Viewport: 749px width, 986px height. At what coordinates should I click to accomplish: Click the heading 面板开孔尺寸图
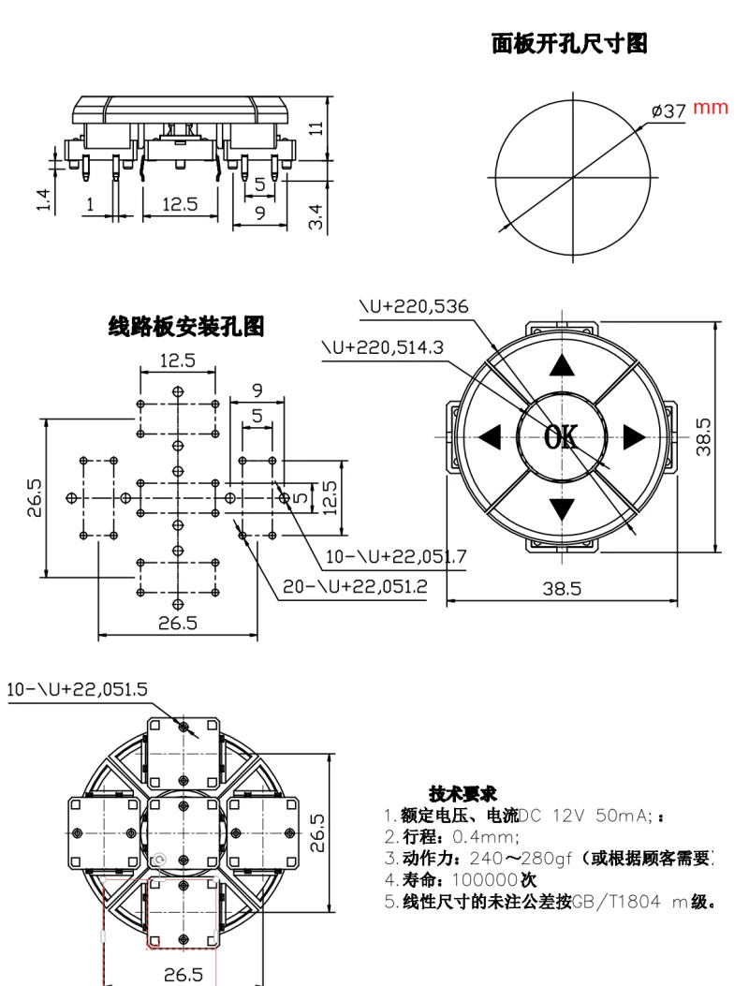click(569, 43)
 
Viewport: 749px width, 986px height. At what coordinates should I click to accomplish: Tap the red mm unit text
click(710, 108)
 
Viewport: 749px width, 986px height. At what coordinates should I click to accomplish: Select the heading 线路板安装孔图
click(186, 327)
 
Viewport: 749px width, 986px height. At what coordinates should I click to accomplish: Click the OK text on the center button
click(561, 435)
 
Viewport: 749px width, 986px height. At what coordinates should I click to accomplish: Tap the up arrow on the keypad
click(561, 365)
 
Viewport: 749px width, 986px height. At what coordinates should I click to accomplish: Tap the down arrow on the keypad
click(561, 509)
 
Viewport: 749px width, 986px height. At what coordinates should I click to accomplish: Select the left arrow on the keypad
click(490, 436)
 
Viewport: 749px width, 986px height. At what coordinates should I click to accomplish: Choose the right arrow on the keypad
click(634, 436)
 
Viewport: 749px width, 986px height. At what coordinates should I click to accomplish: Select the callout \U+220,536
click(414, 307)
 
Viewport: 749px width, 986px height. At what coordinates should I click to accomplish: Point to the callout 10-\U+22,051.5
click(77, 690)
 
